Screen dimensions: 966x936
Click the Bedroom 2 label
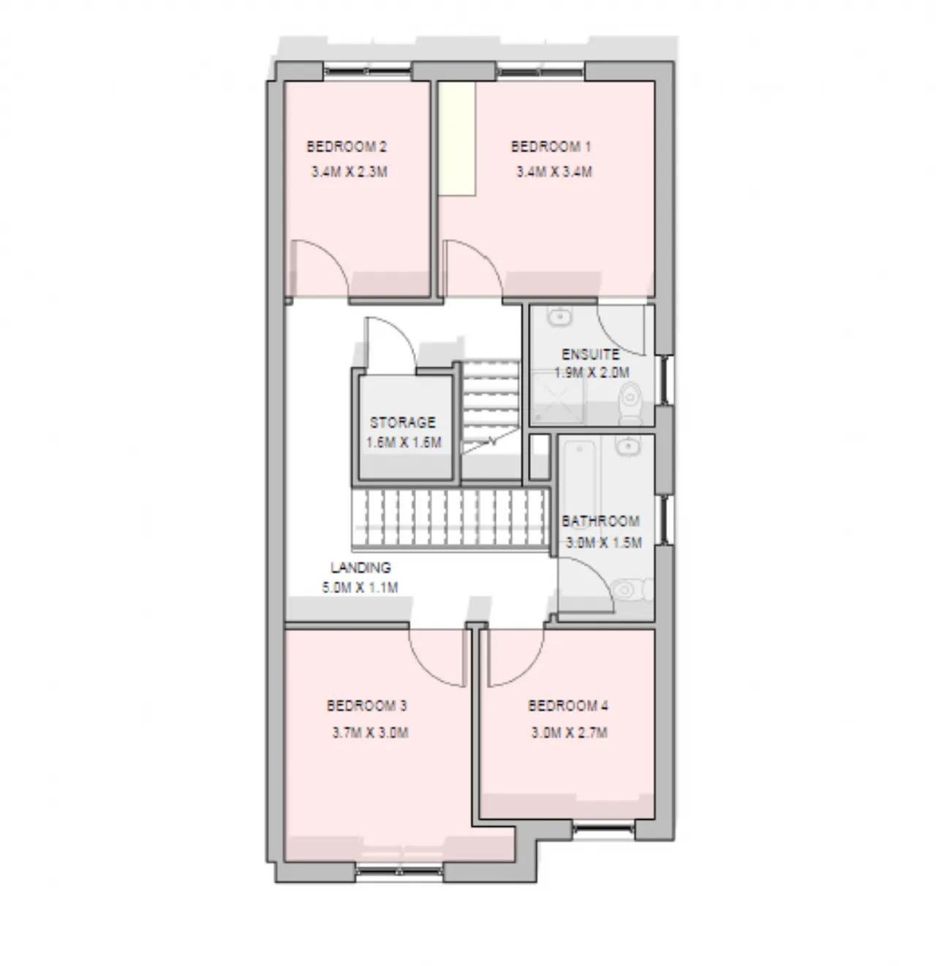pyautogui.click(x=347, y=147)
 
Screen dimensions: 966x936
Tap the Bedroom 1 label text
pyautogui.click(x=551, y=147)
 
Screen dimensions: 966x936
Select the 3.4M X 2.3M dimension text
pyautogui.click(x=349, y=173)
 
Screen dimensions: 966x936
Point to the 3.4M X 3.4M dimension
pyautogui.click(x=554, y=173)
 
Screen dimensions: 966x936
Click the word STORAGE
pyautogui.click(x=402, y=423)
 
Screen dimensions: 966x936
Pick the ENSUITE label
pyautogui.click(x=590, y=355)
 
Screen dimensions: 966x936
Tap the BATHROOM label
pyautogui.click(x=600, y=521)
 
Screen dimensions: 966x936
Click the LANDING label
pyautogui.click(x=361, y=567)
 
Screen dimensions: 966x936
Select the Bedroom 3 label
pyautogui.click(x=366, y=706)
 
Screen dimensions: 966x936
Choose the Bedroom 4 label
pyautogui.click(x=567, y=706)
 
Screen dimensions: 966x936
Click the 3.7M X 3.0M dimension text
pyautogui.click(x=370, y=733)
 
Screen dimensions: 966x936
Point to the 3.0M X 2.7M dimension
pyautogui.click(x=569, y=733)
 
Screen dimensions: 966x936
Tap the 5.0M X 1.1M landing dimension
pyautogui.click(x=360, y=587)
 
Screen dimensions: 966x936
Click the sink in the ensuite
pyautogui.click(x=559, y=317)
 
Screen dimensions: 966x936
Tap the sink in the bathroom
pyautogui.click(x=627, y=445)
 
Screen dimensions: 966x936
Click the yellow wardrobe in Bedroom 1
pyautogui.click(x=457, y=139)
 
